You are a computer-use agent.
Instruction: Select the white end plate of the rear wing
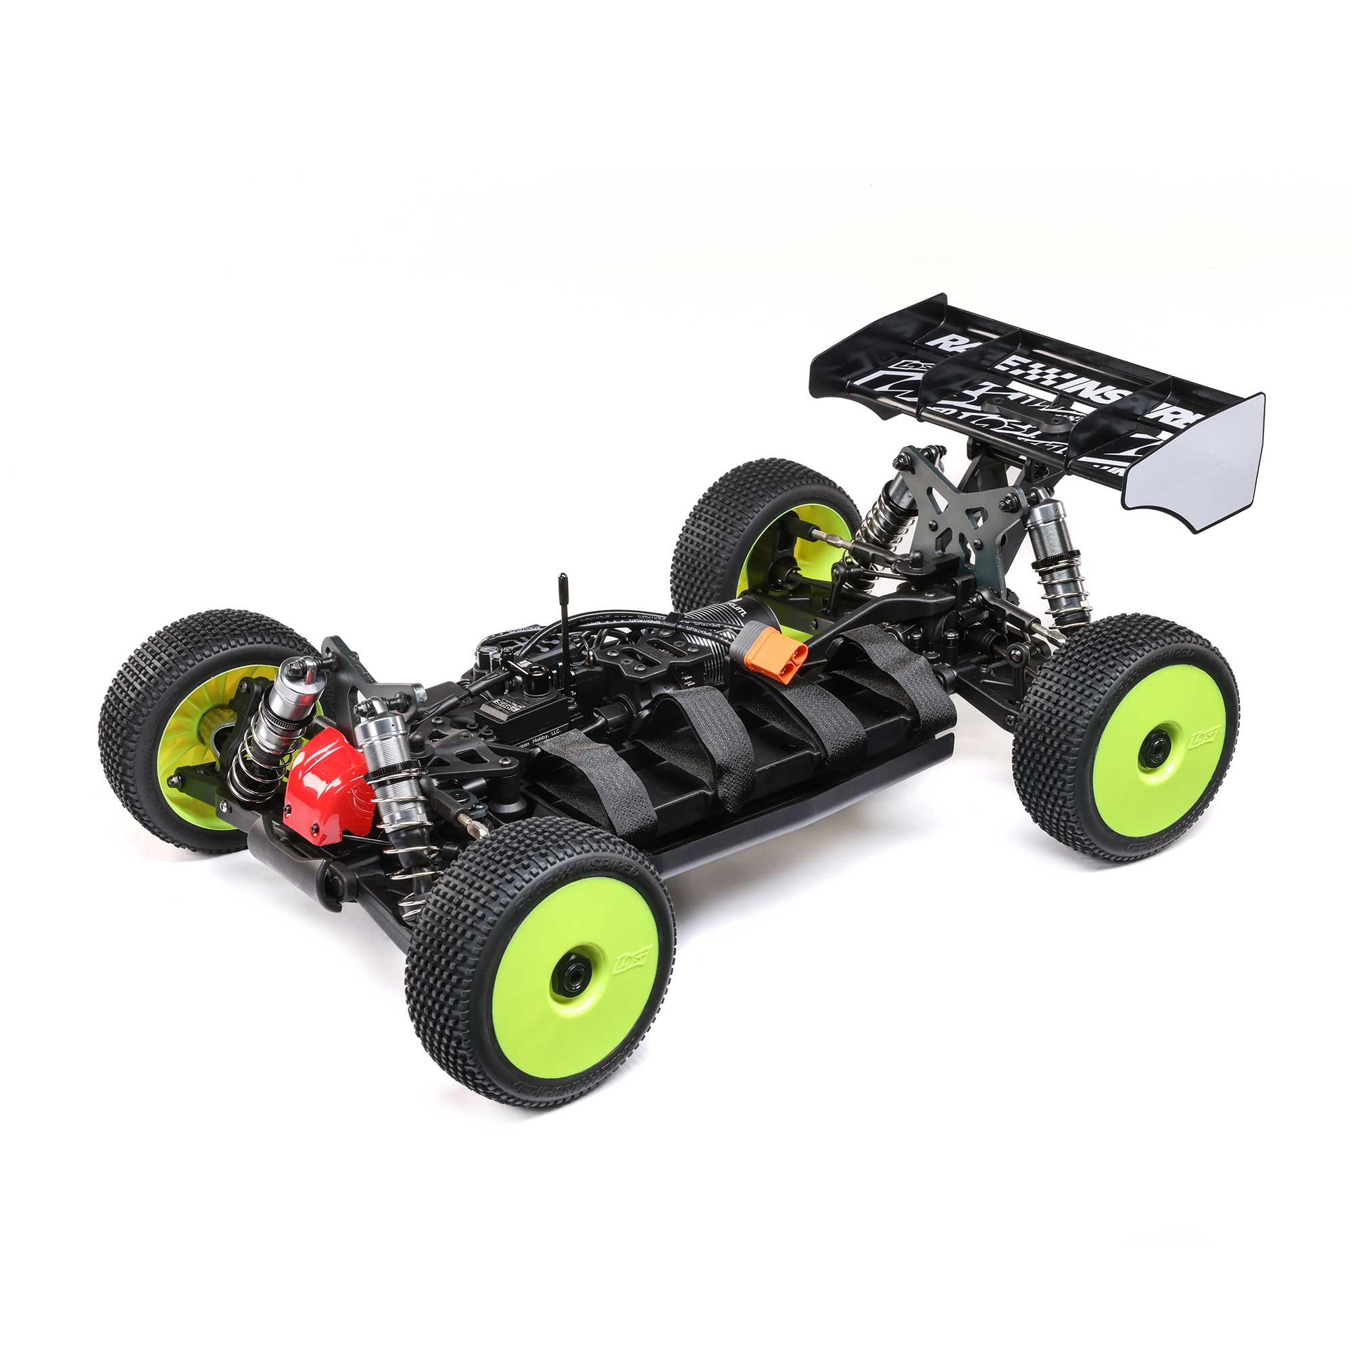click(1197, 462)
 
